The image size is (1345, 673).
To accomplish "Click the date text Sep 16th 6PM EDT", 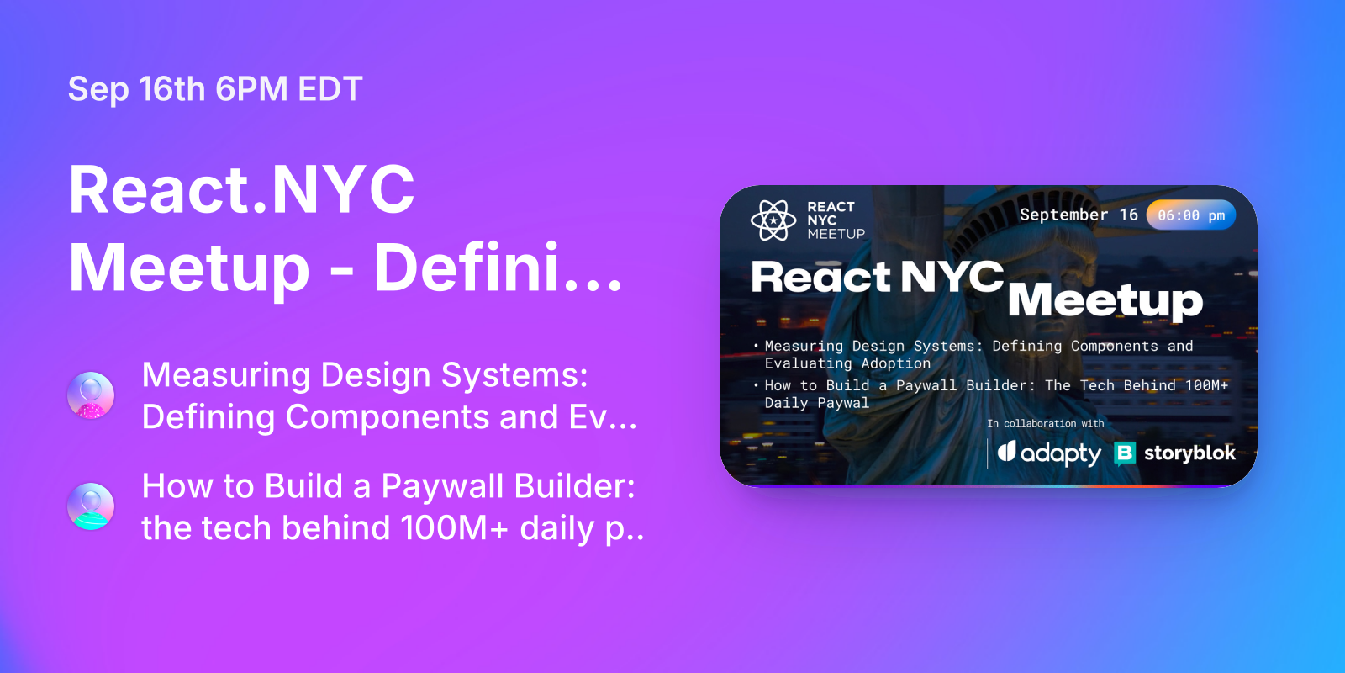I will (x=215, y=89).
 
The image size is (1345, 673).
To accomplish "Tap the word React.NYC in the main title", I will (x=242, y=190).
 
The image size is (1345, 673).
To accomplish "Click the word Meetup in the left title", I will (x=190, y=268).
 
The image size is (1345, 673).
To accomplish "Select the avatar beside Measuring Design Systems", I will (x=91, y=395).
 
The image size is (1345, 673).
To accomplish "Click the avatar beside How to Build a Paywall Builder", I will (x=91, y=506).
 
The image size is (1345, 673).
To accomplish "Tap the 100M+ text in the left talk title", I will (x=454, y=528).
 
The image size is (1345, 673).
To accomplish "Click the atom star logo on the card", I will (x=773, y=220).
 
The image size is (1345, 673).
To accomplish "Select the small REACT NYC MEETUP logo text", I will (x=835, y=220).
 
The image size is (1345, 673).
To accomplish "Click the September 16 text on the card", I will (x=1079, y=215).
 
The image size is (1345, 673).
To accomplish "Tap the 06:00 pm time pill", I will (x=1191, y=215).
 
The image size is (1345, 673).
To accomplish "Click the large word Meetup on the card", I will (x=1105, y=300).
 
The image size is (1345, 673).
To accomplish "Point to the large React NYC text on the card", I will (x=877, y=277).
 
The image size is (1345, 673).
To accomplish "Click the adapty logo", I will (x=1049, y=453).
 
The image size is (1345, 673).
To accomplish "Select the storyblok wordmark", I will (x=1189, y=453).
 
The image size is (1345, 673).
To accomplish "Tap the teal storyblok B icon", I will (x=1124, y=453).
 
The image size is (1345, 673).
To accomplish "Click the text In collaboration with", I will (x=1045, y=423).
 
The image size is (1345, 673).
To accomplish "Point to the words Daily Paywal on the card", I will (x=816, y=403).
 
